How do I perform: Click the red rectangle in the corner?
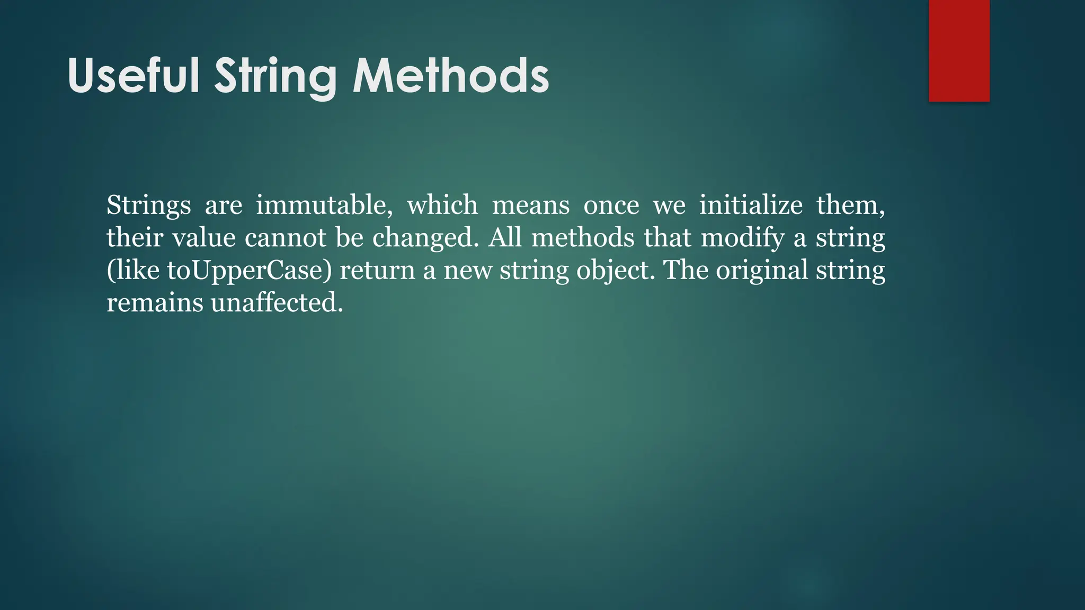(959, 50)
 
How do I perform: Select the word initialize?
(751, 205)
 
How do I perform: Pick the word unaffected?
(277, 303)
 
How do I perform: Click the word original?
(762, 271)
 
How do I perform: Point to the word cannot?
(286, 238)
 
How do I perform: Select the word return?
(377, 271)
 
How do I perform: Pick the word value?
(204, 238)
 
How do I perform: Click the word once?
(611, 205)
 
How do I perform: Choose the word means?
(531, 205)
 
